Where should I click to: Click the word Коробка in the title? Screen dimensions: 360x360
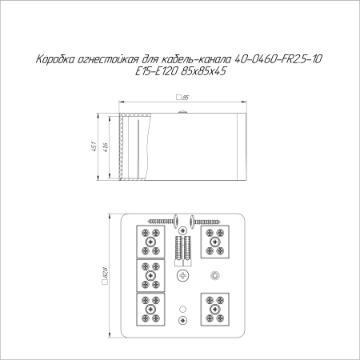click(x=55, y=59)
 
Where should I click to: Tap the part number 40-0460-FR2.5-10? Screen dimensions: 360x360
click(x=278, y=59)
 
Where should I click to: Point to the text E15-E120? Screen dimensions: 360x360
click(x=156, y=71)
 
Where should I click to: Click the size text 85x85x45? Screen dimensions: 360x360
click(x=203, y=71)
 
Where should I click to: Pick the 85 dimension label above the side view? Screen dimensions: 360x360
click(x=182, y=98)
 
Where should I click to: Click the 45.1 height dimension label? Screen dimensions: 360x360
click(x=94, y=146)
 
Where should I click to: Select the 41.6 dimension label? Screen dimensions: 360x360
click(x=106, y=147)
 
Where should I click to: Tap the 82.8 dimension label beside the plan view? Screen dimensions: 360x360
click(x=105, y=275)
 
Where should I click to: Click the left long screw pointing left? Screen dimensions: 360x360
click(x=163, y=221)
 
